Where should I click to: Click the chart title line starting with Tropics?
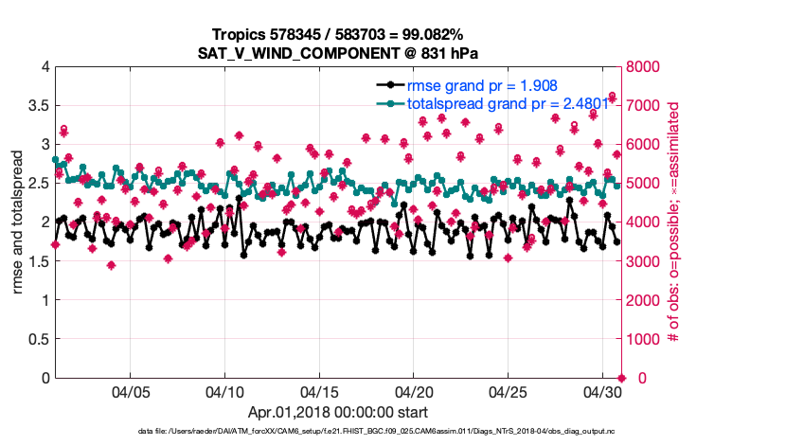click(338, 35)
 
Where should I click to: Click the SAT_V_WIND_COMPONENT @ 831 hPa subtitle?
click(338, 53)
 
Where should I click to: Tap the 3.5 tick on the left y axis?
click(39, 105)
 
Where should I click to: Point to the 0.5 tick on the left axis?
click(39, 339)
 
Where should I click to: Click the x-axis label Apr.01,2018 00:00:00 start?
click(338, 412)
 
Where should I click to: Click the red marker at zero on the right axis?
click(621, 378)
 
